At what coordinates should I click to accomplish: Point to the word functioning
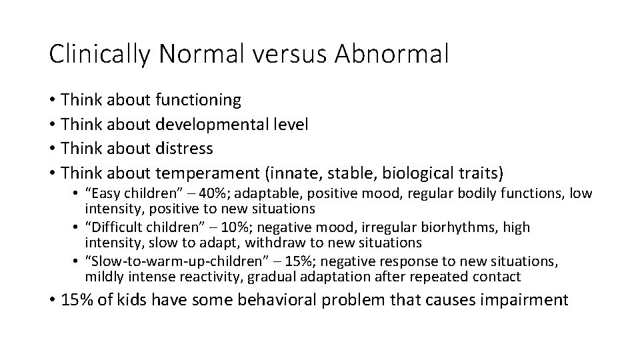pos(198,101)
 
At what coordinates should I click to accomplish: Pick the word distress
pos(184,147)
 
